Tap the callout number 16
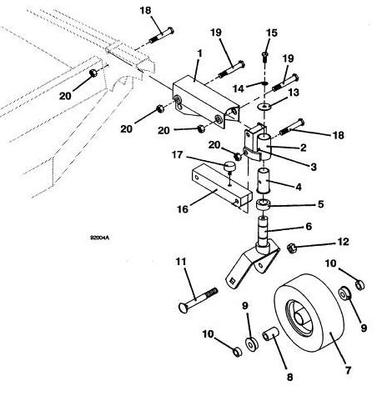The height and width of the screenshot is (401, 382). pos(183,209)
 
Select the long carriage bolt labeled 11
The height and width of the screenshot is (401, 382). pos(198,300)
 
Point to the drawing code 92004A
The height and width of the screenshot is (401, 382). pos(99,238)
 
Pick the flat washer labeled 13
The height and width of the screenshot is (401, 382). pos(264,106)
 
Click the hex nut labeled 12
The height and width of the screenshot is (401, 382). pos(292,247)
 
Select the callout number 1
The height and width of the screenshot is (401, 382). pos(199,54)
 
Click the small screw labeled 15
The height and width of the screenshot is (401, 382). pos(264,57)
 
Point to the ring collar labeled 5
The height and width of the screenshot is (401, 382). pos(263,204)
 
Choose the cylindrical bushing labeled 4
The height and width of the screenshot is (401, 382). pos(264,180)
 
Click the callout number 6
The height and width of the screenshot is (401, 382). pos(309,227)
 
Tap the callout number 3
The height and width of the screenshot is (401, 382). pos(314,167)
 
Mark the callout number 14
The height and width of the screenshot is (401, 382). pos(239,89)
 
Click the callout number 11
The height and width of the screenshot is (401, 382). pos(181,262)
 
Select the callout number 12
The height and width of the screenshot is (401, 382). pos(343,242)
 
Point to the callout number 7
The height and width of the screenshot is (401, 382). pos(348,370)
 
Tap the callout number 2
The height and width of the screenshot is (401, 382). pos(304,148)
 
